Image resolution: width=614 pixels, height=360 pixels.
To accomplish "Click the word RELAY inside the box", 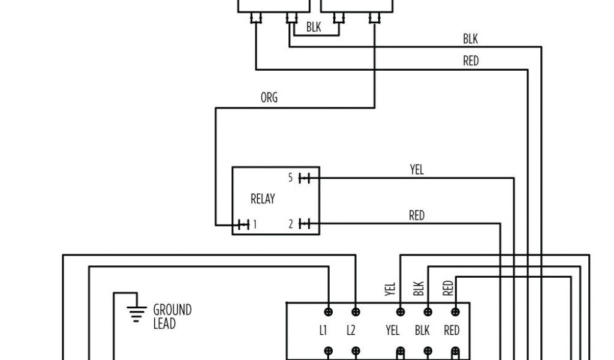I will [x=263, y=199].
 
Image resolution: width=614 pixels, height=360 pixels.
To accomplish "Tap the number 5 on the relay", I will [x=290, y=178].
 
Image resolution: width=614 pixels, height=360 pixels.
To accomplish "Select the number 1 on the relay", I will [x=255, y=225].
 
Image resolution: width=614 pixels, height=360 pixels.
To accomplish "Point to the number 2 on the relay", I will [x=290, y=225].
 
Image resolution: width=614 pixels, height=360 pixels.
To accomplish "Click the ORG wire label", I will [x=269, y=98].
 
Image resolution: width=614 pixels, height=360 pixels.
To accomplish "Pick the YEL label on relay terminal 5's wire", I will [x=417, y=170].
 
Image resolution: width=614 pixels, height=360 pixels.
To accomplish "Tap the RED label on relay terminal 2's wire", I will [x=417, y=215].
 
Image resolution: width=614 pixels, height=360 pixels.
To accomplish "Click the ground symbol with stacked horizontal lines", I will [x=137, y=313].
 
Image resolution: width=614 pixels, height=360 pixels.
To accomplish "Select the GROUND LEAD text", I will [x=172, y=317].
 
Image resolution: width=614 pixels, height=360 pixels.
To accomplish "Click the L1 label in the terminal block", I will [x=323, y=331].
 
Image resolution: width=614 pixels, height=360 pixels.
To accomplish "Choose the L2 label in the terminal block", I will [x=351, y=331].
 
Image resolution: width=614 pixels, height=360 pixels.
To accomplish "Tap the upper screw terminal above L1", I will [x=329, y=312].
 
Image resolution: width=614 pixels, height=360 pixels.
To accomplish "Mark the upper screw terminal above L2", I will [x=356, y=312].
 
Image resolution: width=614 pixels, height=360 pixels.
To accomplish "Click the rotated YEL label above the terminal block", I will [x=391, y=289].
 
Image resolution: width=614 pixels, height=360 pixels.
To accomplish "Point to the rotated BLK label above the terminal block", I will [x=419, y=289].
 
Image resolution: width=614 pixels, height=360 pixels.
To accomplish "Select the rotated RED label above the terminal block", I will [x=447, y=289].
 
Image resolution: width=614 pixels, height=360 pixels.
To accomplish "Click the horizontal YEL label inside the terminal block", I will [x=393, y=331].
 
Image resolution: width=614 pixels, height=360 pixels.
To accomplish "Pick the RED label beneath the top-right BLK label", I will [x=471, y=61].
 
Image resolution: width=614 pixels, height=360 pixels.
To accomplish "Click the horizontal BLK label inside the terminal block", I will [x=422, y=331].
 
